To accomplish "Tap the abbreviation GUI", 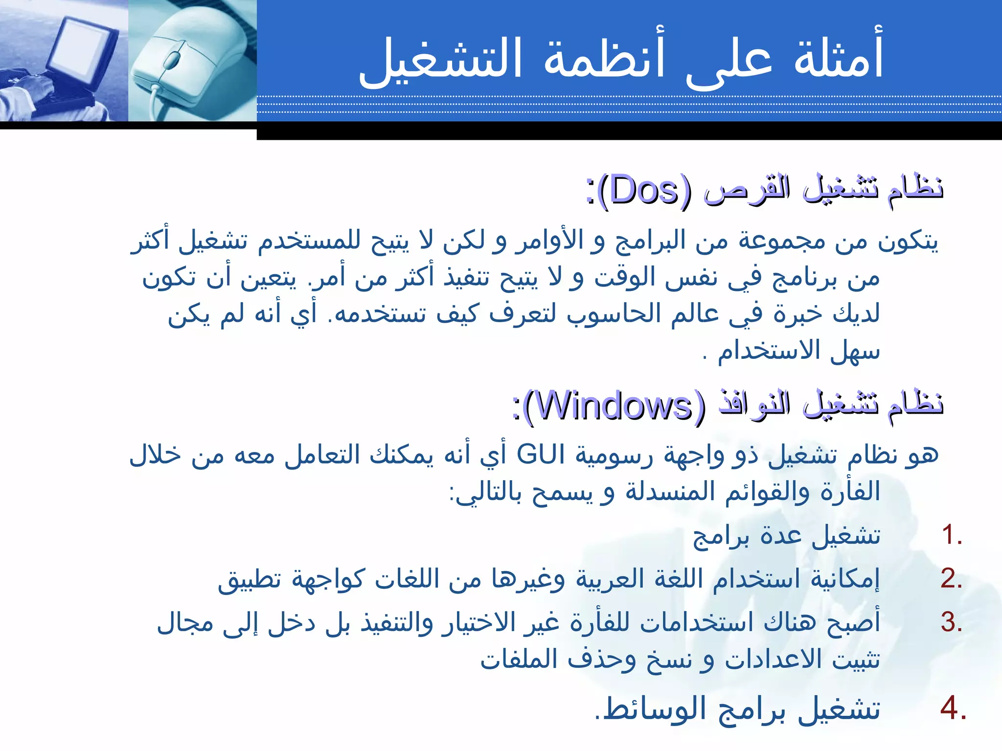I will pyautogui.click(x=541, y=455).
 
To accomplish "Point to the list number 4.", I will pyautogui.click(x=952, y=708).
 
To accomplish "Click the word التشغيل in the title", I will pyautogui.click(x=440, y=61).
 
